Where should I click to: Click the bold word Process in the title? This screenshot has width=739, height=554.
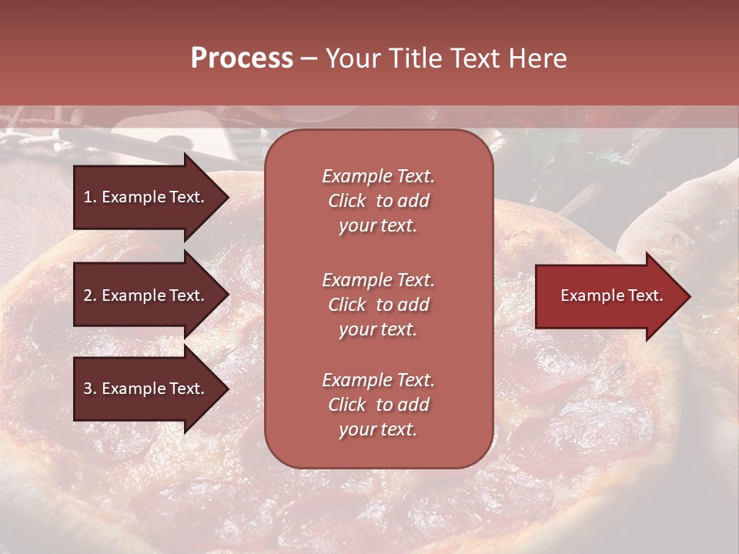(242, 58)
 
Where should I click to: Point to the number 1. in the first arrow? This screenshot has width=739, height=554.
(90, 197)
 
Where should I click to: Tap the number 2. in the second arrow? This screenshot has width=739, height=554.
(90, 295)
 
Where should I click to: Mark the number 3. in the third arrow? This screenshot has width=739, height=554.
(90, 389)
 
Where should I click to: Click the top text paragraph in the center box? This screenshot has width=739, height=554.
(378, 201)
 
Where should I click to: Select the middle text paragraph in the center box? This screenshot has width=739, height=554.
(378, 305)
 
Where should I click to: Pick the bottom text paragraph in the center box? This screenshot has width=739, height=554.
(378, 405)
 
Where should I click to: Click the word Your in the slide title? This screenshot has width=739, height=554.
(352, 58)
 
